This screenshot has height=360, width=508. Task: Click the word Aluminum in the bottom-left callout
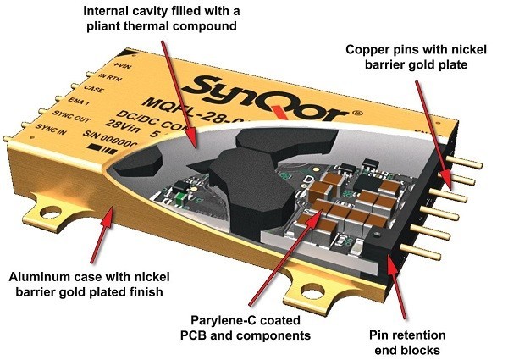tap(42, 276)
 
